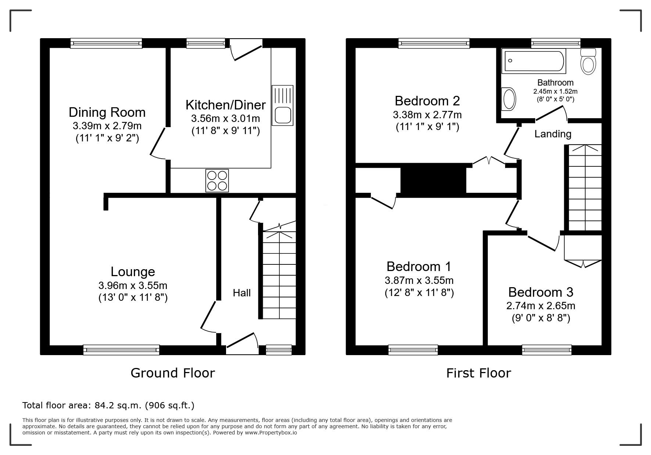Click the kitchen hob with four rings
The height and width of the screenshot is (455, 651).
pos(217,180)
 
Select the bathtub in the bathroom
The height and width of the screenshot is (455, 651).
pos(535,61)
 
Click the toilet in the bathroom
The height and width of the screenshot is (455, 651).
pos(588,61)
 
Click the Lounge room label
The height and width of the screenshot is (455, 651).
pos(133,272)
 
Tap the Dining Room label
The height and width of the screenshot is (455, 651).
pos(107,112)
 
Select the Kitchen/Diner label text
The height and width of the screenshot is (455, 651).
pos(225,105)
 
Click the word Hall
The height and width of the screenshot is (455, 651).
pos(242,293)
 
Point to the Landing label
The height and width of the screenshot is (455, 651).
pos(553,134)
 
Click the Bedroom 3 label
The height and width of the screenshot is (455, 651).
pos(540,292)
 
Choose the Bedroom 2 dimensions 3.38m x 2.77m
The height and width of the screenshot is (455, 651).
pos(427,115)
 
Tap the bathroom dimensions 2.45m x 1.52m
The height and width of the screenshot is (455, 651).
pos(555,91)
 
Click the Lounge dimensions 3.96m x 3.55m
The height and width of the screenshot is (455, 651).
pos(133,285)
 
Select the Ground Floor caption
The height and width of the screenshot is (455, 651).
pos(172,373)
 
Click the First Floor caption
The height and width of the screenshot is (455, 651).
pos(479,373)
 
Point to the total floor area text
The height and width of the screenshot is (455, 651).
pos(108,405)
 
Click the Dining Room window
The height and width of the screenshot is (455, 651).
pos(106,43)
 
